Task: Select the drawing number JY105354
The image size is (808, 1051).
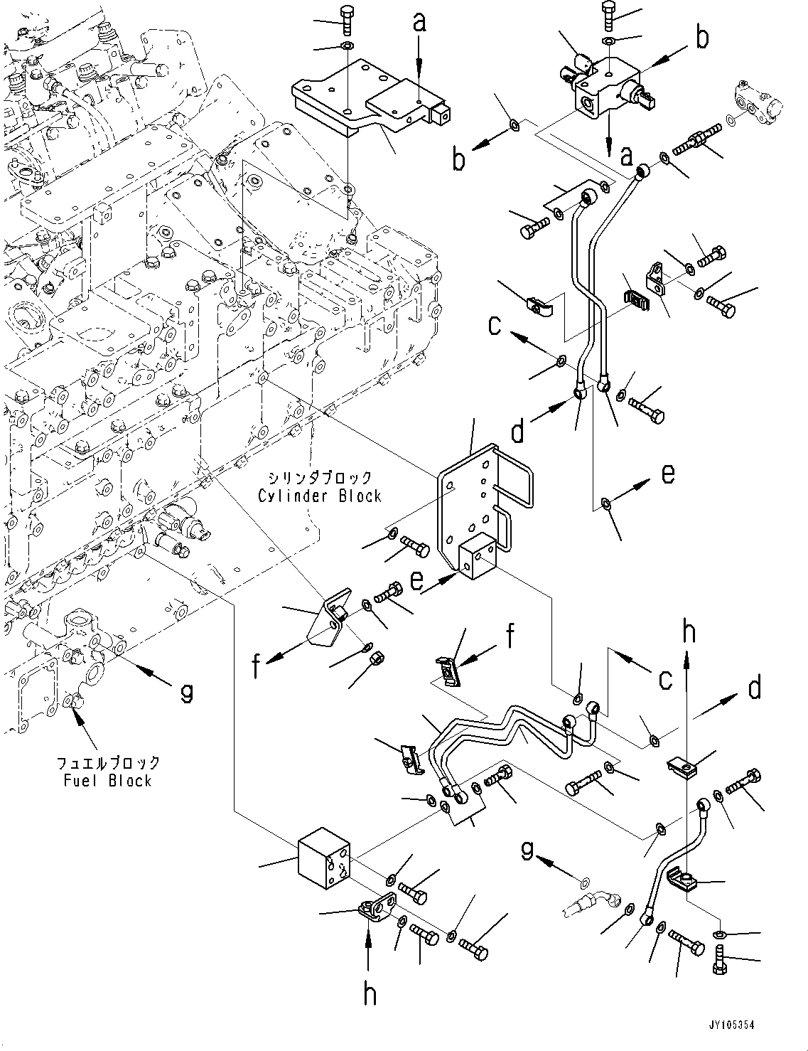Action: click(x=731, y=1025)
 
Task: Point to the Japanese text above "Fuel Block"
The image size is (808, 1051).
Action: click(x=108, y=762)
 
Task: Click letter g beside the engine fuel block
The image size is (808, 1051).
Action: click(x=186, y=690)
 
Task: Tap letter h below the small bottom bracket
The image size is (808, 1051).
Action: click(x=370, y=993)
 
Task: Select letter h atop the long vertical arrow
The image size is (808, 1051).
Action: click(x=688, y=631)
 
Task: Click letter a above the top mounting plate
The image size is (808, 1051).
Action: click(x=420, y=23)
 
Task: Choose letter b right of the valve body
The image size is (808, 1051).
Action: click(x=701, y=38)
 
